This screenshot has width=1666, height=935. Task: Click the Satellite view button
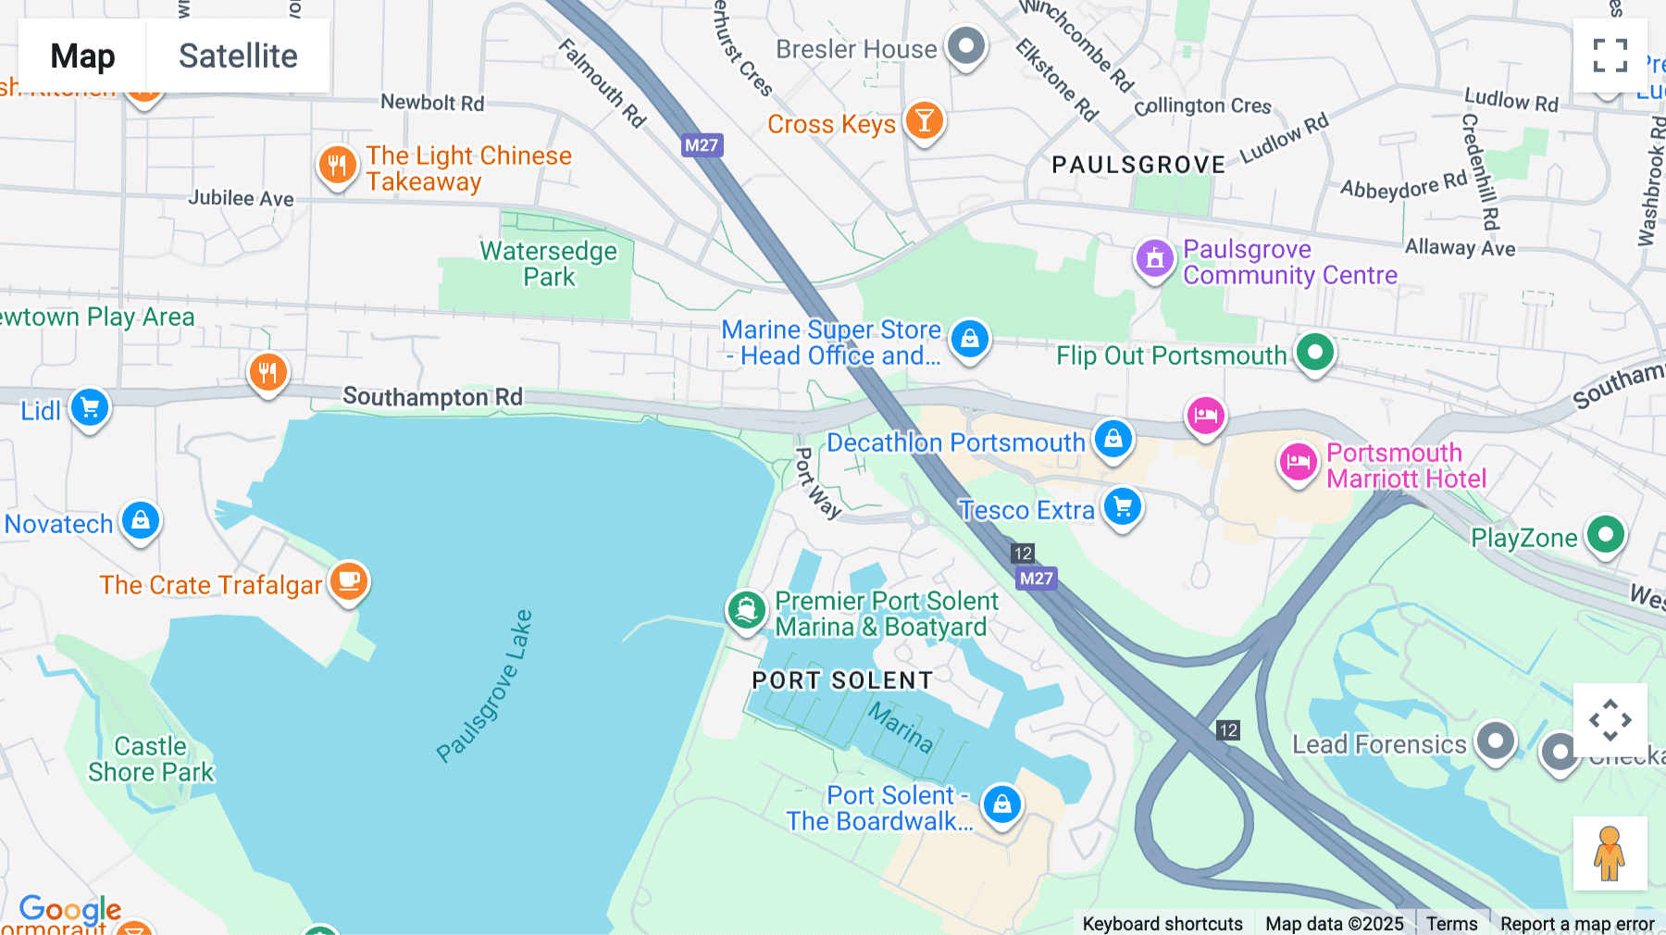(238, 56)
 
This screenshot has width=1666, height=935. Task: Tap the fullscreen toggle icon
(1610, 56)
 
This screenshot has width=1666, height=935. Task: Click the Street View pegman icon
(1610, 853)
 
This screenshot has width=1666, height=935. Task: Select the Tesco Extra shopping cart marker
(1123, 506)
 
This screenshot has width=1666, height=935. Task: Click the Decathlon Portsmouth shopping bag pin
(1113, 438)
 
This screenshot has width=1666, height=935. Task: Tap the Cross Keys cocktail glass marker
(924, 119)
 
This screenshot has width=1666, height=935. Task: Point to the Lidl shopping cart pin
(90, 407)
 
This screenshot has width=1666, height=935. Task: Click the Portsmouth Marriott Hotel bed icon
(1298, 461)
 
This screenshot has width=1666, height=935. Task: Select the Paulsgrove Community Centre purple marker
(1154, 258)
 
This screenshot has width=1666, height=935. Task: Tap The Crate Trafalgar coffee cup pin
(349, 580)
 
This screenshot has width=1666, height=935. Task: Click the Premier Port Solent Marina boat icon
(746, 610)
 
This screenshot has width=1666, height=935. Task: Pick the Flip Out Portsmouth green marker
(1314, 352)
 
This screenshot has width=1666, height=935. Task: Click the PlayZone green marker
(1606, 534)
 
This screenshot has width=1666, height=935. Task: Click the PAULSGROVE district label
(1138, 165)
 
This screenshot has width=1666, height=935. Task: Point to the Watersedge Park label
(548, 264)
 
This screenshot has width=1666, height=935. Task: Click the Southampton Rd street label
(432, 397)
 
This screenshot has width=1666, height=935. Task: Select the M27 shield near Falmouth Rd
(702, 145)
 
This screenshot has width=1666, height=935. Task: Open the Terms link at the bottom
(1451, 923)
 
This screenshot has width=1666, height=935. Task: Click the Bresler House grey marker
(966, 45)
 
